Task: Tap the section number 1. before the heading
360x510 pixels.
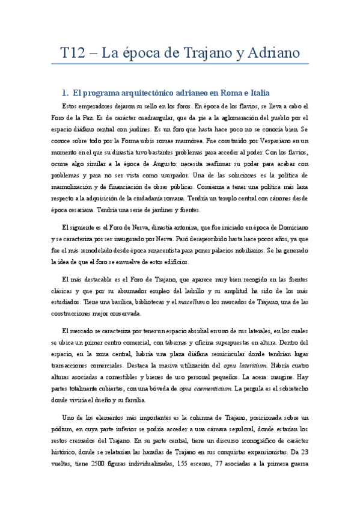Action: coord(66,93)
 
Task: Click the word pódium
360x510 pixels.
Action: coord(75,428)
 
